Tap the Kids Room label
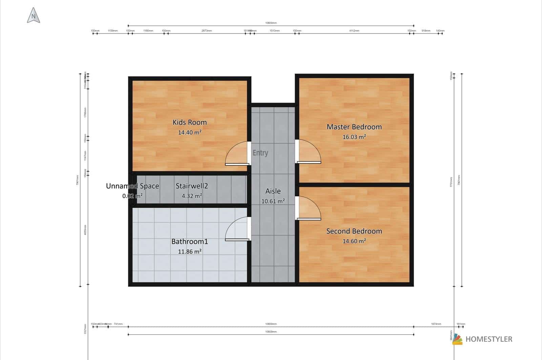pyautogui.click(x=189, y=122)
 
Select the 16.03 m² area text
pyautogui.click(x=354, y=137)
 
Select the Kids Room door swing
pyautogui.click(x=237, y=154)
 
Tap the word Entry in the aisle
pyautogui.click(x=260, y=153)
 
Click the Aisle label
pyautogui.click(x=273, y=191)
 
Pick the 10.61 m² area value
pyautogui.click(x=273, y=201)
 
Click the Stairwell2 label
pyautogui.click(x=192, y=186)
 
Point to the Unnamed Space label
pyautogui.click(x=132, y=186)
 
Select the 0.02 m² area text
pyautogui.click(x=132, y=196)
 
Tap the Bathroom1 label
pyautogui.click(x=189, y=242)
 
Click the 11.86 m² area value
pyautogui.click(x=190, y=252)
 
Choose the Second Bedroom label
pyautogui.click(x=354, y=231)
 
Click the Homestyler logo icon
pyautogui.click(x=457, y=339)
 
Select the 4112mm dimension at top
pyautogui.click(x=354, y=31)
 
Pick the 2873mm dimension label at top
pyautogui.click(x=207, y=31)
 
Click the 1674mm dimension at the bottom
pyautogui.click(x=436, y=324)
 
